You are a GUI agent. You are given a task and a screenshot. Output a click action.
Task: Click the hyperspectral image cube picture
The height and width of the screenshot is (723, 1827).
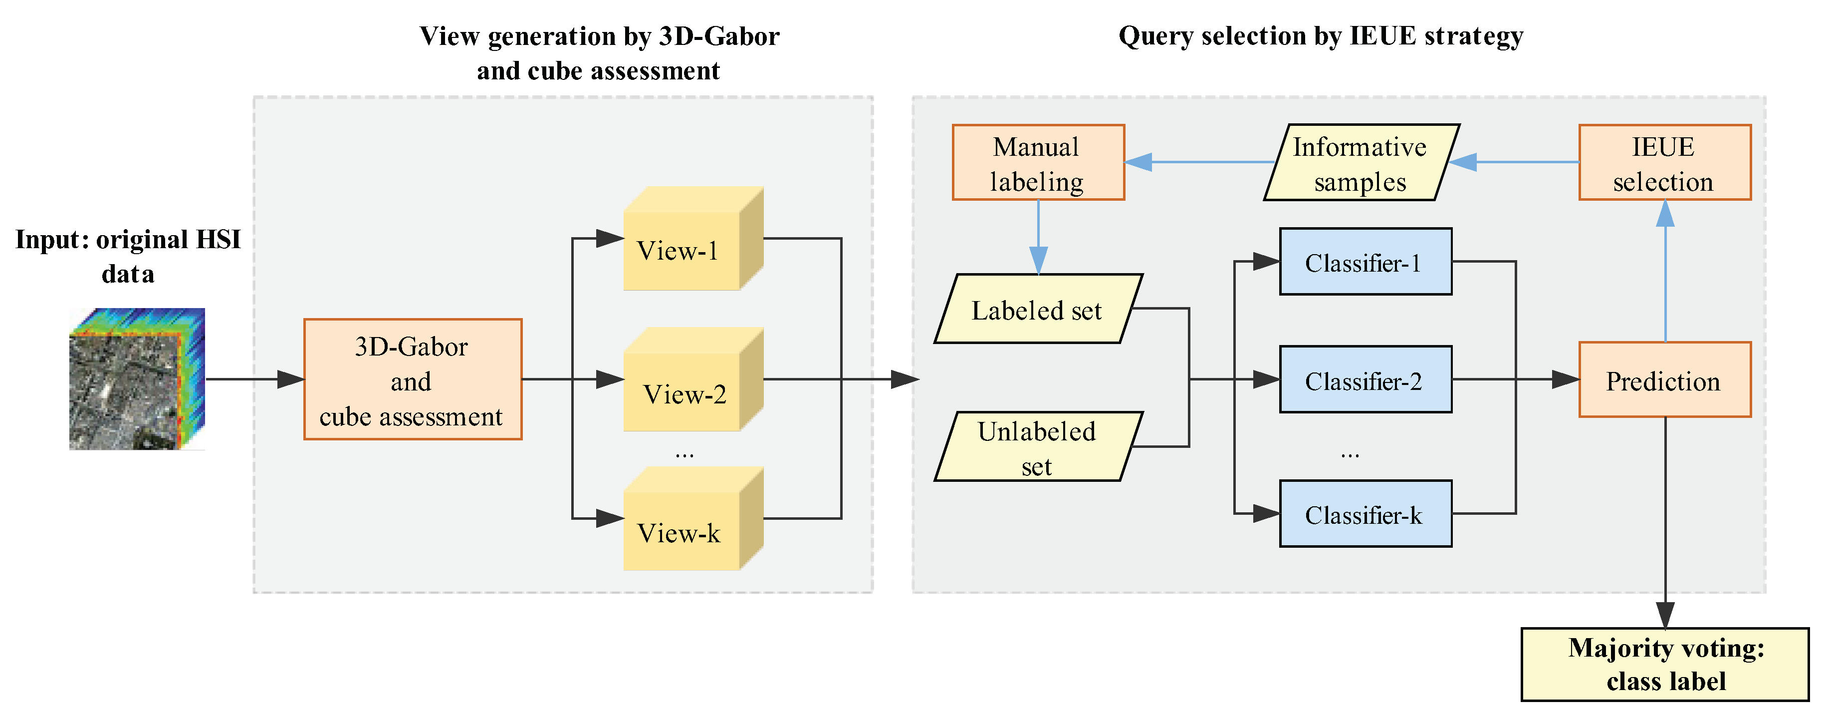(137, 379)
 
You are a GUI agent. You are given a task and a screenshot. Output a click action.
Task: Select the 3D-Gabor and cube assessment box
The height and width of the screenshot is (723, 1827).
(413, 379)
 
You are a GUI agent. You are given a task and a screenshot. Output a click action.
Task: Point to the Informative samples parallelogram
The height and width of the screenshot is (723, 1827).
(1361, 163)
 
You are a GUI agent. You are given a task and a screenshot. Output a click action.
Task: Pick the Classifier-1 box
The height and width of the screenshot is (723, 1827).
(1365, 262)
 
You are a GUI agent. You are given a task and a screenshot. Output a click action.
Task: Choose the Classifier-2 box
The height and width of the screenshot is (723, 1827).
(1365, 379)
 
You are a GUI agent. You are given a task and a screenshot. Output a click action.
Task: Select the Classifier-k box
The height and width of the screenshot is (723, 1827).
(1365, 514)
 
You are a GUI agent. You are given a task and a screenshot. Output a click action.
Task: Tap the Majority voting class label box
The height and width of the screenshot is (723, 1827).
(1664, 665)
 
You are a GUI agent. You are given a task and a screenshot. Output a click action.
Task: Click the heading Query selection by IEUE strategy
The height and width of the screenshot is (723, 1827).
(1320, 35)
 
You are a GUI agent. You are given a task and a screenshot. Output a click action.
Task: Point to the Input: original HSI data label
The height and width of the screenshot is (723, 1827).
(128, 256)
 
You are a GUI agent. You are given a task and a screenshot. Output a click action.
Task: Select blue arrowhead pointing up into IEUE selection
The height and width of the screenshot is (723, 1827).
(1664, 213)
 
